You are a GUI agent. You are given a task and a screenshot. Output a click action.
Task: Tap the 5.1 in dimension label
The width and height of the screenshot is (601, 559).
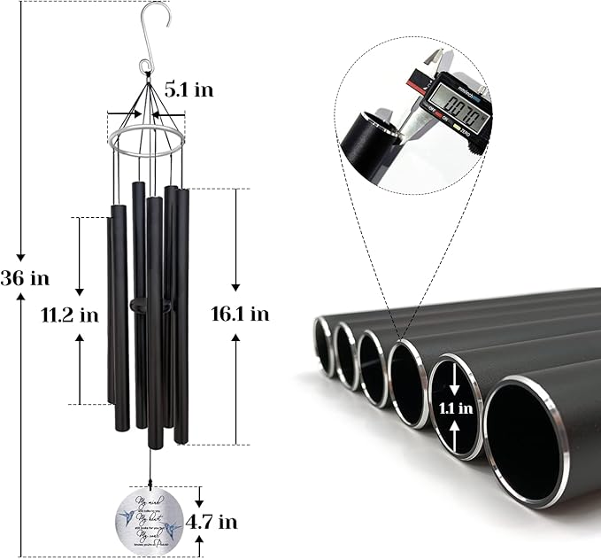tap(189, 89)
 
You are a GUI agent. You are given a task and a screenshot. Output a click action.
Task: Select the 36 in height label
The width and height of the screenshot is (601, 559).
tap(25, 277)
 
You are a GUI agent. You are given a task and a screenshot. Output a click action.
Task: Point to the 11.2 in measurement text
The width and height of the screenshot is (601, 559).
tap(70, 314)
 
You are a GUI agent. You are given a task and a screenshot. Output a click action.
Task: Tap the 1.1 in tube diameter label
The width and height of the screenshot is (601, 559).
tap(454, 409)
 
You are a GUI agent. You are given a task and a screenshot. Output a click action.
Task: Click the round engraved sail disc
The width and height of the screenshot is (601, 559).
tap(150, 521)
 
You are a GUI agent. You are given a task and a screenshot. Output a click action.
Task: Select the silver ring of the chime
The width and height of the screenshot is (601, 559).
tap(146, 140)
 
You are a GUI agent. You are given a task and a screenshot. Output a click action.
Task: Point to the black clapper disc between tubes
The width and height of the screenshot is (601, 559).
tap(150, 304)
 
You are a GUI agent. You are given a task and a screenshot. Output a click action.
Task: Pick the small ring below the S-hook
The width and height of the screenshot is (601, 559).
tap(145, 66)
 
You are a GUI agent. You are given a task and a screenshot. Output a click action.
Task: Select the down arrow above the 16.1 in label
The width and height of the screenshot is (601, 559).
tap(235, 284)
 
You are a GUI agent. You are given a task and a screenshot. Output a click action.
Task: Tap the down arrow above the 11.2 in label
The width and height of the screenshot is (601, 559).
tap(80, 290)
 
